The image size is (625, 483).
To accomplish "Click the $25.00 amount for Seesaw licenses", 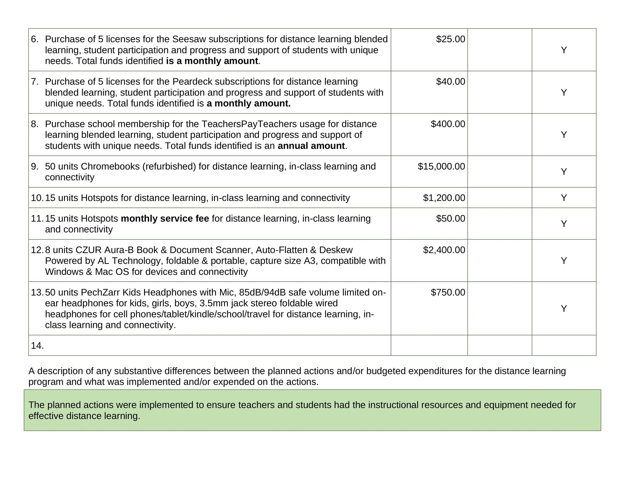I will point(450,39).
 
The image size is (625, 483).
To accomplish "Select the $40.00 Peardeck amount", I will point(450,82).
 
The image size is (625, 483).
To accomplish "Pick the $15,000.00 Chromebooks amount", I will point(441,166).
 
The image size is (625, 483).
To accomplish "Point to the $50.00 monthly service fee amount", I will point(450,218).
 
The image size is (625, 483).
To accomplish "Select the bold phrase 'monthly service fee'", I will point(165,218).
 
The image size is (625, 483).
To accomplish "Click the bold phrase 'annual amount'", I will point(311,146).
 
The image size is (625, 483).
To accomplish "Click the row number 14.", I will point(37,346).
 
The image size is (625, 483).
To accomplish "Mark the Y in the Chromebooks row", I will point(564,172).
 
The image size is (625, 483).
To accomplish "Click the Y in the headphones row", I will point(564,308).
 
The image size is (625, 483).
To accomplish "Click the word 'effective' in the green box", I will point(46,416).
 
